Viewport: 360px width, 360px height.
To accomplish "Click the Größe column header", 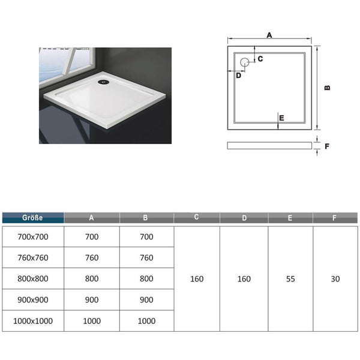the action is [32, 218].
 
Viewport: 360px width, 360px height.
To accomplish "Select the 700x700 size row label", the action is [33, 237].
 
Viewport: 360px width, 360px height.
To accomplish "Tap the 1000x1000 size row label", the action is [33, 321].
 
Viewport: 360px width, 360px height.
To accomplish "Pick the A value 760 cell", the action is [92, 257].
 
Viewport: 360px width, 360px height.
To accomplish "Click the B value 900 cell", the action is [146, 300].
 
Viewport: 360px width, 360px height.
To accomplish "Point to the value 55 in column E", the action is [290, 279].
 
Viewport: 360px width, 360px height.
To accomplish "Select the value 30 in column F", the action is [335, 279].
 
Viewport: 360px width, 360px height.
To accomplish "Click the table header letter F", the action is [334, 218].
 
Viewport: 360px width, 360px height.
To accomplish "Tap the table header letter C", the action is [196, 217].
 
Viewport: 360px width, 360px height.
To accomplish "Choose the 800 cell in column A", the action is [92, 279].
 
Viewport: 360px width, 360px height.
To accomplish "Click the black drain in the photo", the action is [103, 82].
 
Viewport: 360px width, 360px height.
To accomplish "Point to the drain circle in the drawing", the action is [245, 62].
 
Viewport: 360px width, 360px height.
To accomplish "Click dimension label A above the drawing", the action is [269, 35].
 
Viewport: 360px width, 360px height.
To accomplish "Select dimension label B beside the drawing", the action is [328, 88].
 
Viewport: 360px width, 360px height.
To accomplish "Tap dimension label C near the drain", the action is [260, 59].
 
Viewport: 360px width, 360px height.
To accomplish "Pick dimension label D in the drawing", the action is [239, 76].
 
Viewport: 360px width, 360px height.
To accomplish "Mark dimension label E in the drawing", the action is [282, 118].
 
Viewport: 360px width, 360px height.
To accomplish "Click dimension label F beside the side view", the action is [327, 146].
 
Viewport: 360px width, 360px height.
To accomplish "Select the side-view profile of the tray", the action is [269, 146].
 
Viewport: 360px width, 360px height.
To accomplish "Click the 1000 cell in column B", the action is [146, 321].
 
